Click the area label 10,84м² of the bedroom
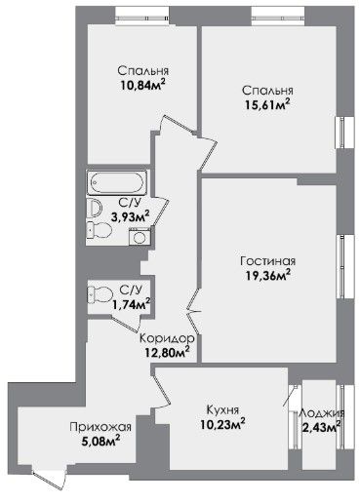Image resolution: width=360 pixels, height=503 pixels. [143, 86]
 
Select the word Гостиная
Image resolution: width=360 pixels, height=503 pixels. [268, 261]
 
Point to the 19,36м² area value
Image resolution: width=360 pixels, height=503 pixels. [267, 276]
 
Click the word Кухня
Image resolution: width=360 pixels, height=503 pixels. [222, 410]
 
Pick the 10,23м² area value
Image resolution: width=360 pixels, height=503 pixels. [222, 425]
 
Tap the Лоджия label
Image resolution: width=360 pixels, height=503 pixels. [322, 413]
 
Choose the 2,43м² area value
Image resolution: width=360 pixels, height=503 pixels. [321, 427]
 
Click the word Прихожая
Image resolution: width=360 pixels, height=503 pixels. [100, 427]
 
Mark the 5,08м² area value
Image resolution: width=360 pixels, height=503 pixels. [101, 442]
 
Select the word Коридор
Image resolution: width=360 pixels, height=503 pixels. [167, 338]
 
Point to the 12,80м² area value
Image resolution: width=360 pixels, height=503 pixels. [168, 352]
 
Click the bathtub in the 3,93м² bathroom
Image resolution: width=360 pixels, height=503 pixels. [117, 182]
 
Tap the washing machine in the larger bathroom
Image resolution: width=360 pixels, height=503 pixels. [140, 236]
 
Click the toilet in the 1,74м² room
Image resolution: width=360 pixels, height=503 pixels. [100, 295]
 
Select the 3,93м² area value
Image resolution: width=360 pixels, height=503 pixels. [130, 217]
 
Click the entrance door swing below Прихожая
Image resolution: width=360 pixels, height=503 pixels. [49, 478]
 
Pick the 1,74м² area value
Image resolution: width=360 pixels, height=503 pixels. [131, 304]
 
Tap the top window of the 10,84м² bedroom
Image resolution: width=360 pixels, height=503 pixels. [142, 17]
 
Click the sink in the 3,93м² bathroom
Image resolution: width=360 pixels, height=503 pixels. [95, 208]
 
